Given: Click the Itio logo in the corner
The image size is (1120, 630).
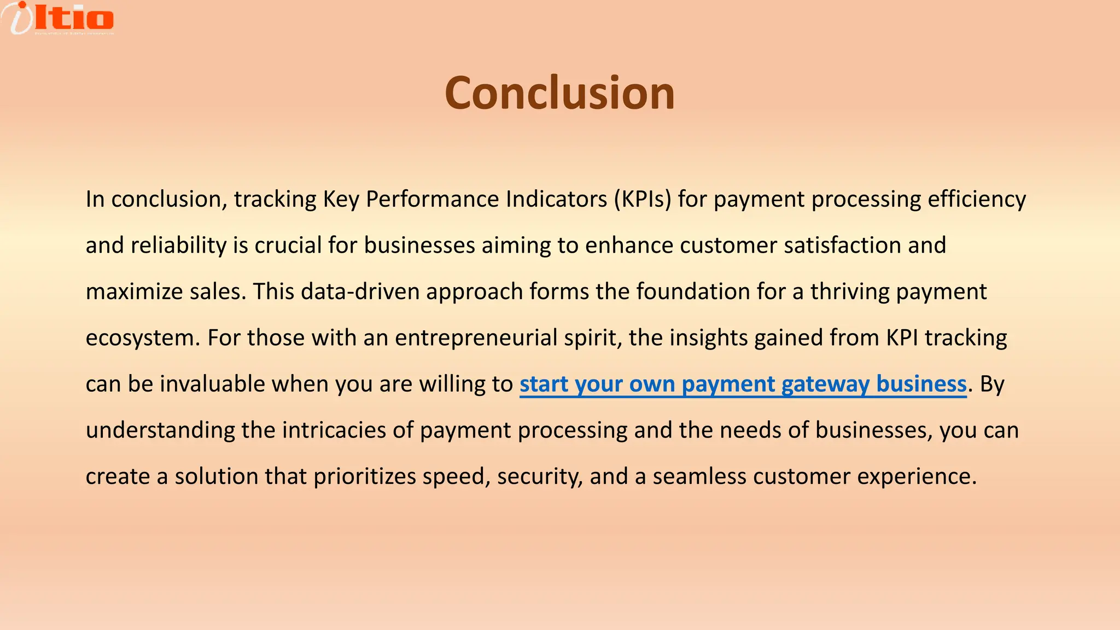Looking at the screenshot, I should coord(57,18).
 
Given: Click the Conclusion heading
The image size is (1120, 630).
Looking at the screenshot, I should coord(559,93).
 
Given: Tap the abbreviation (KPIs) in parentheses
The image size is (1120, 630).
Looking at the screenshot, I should coord(642,200).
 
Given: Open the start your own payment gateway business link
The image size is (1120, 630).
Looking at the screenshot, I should coord(743,384).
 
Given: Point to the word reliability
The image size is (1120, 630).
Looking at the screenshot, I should coord(178,246).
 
